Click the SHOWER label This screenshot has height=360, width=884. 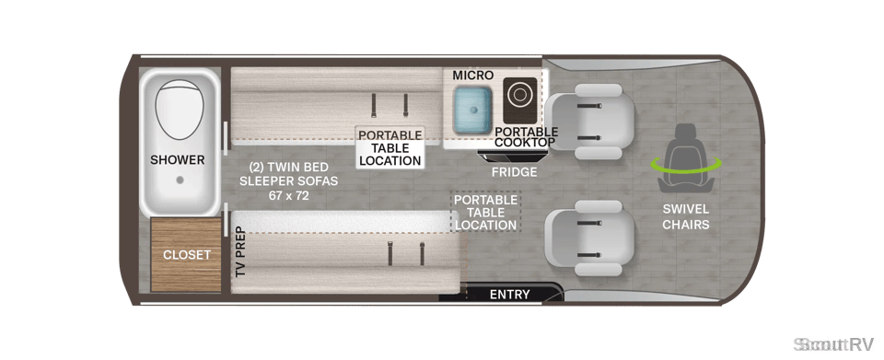point(177,160)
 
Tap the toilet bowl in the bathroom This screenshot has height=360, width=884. point(179,110)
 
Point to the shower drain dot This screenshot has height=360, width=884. point(180,180)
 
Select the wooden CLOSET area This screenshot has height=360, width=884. point(185,255)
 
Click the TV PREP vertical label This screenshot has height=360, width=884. point(240,251)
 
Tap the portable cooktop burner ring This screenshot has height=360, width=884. point(520,95)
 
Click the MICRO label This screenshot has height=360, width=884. point(472,75)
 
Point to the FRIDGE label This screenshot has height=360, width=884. point(514,172)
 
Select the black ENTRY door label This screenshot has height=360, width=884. point(509,294)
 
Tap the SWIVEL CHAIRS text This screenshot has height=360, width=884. point(685,217)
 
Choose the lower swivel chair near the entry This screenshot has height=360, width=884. point(590,238)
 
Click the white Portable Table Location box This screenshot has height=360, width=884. point(390,147)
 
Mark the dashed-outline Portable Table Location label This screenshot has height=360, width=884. point(485,213)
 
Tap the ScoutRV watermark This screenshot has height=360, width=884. point(833,343)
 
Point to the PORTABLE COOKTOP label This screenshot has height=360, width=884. point(526,137)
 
